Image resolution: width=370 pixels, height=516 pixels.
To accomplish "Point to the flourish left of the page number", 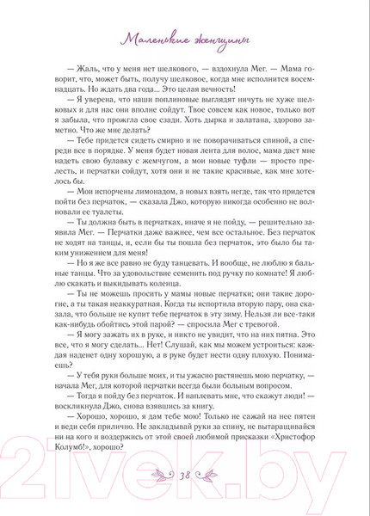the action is click(x=160, y=471).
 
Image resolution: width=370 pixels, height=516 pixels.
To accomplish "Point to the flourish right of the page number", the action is click(x=210, y=471).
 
